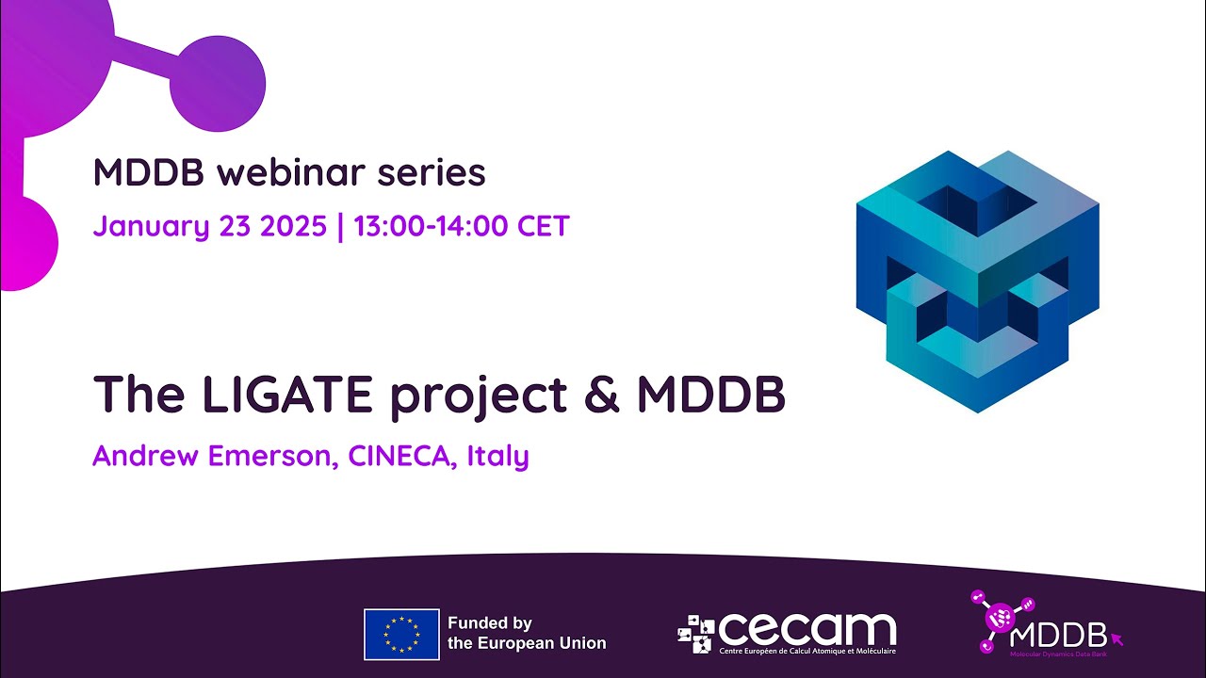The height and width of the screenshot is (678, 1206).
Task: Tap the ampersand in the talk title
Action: (x=603, y=395)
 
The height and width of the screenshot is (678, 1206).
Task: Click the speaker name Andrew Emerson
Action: (x=213, y=457)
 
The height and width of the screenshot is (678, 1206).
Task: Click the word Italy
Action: (x=497, y=457)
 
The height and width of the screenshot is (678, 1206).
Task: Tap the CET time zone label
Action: (x=545, y=227)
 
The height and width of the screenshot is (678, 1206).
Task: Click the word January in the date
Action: (x=148, y=227)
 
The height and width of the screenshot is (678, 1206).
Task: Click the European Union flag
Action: (x=401, y=634)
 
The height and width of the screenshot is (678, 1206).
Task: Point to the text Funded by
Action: (x=490, y=623)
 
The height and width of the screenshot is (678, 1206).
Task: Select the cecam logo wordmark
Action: (x=806, y=629)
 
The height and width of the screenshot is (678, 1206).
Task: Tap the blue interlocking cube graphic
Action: (x=977, y=281)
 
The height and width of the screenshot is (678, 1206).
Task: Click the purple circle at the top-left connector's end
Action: (x=222, y=84)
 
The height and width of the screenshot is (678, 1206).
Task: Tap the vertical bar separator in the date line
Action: (x=340, y=227)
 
